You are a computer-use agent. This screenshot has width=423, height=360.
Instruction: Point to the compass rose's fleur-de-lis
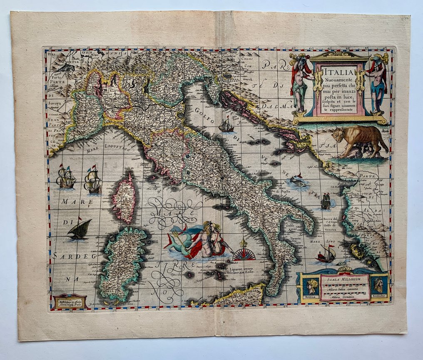tap(244, 243)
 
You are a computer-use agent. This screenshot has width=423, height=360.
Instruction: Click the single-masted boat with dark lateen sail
tap(80, 230)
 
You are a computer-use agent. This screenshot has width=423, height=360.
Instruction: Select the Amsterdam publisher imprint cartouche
tap(70, 301)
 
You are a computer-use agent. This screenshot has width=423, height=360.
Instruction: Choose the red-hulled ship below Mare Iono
tap(326, 255)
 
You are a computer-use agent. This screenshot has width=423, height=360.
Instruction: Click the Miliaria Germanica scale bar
tap(342, 295)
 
